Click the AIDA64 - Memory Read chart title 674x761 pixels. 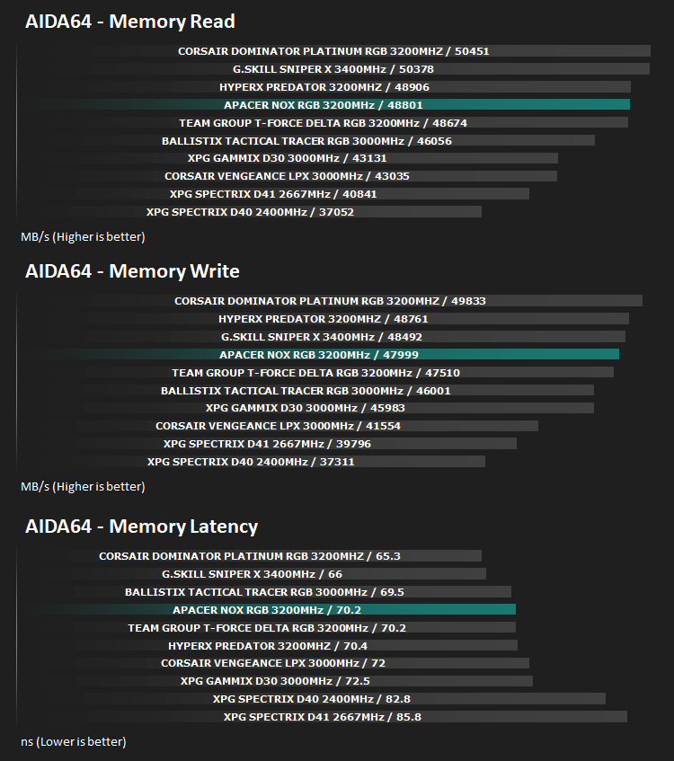pos(130,22)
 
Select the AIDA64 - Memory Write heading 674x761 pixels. pos(132,271)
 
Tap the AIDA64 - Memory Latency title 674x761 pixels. pos(141,527)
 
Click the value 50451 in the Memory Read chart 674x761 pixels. pos(472,51)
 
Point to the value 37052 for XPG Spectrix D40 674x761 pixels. pos(336,212)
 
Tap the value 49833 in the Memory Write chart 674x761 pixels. pos(468,301)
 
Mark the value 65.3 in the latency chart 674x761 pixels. pos(388,556)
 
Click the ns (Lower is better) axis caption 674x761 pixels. pos(74,741)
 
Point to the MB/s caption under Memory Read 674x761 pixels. pos(83,237)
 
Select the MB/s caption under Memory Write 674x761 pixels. pos(83,487)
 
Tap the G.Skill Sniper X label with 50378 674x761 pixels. pos(333,69)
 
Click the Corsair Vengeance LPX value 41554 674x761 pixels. pos(383,426)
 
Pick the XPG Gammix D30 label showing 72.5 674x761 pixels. pos(275,681)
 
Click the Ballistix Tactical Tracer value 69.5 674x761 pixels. pos(392,592)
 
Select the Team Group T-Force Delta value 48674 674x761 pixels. pos(449,123)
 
